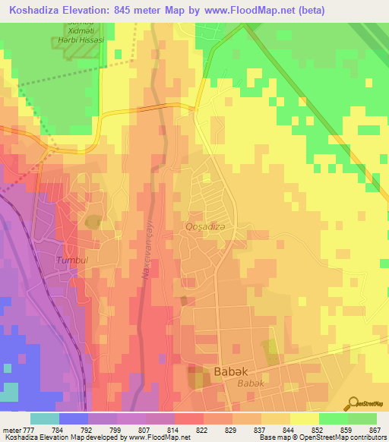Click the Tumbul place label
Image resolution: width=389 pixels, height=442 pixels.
tap(73, 260)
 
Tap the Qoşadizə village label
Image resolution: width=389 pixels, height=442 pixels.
tap(207, 226)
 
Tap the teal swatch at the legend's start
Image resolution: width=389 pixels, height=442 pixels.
tap(45, 418)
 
